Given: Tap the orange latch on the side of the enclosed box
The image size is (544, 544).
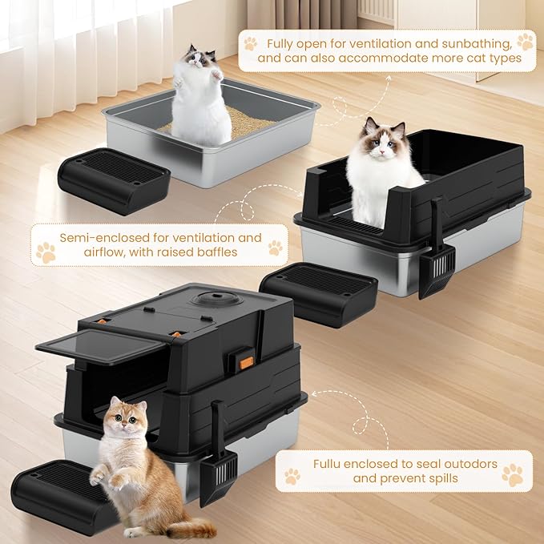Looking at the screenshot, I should pos(247,362).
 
